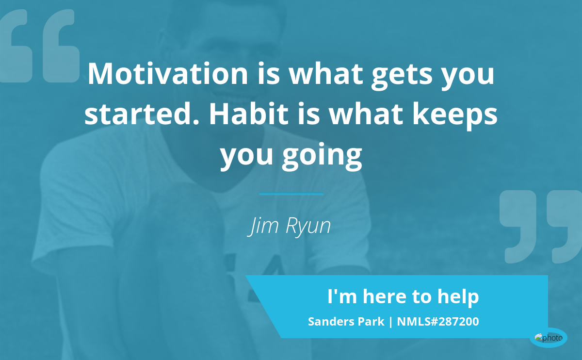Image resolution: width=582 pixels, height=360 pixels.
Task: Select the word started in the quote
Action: (141, 114)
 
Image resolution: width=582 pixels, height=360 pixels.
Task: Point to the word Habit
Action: (249, 114)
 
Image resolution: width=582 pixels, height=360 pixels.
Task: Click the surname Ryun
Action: (308, 227)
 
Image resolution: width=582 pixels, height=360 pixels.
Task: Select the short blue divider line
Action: (291, 194)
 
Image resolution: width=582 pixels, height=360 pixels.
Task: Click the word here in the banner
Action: (384, 296)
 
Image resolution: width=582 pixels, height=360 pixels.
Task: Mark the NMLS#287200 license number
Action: (438, 322)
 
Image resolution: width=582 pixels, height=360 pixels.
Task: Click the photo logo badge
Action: (549, 338)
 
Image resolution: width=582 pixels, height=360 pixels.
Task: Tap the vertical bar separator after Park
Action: (390, 322)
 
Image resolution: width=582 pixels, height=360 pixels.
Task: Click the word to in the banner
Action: (422, 297)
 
